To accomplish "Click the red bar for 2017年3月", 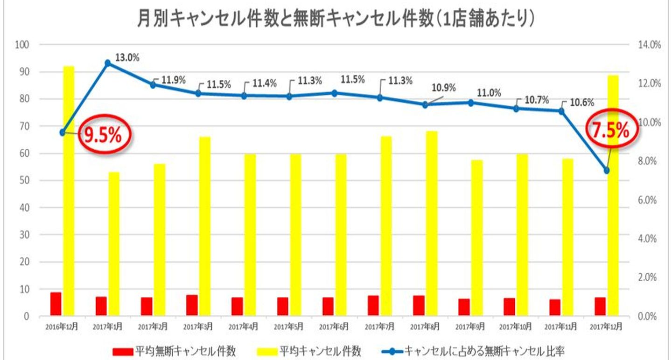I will [x=192, y=305].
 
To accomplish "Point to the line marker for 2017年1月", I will [x=108, y=63].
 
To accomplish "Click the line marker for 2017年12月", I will [x=607, y=171].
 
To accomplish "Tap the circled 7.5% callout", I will [x=610, y=131].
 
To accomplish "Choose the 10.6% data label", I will [x=579, y=103].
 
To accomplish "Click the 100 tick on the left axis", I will [x=22, y=45].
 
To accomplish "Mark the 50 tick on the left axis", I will [x=24, y=180].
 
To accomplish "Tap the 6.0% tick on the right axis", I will [x=647, y=200].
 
